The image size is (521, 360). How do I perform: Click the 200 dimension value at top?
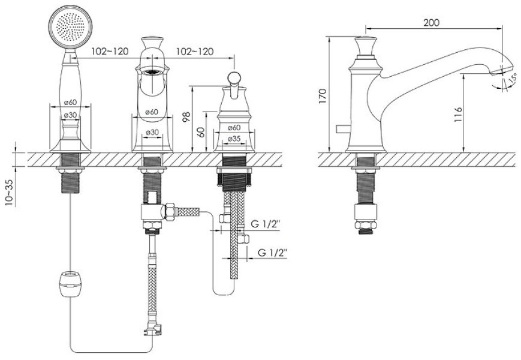pyautogui.click(x=431, y=23)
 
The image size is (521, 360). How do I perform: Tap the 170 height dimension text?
pyautogui.click(x=323, y=97)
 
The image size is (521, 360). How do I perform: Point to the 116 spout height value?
pyautogui.click(x=458, y=115)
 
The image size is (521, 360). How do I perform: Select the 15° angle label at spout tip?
pyautogui.click(x=513, y=79)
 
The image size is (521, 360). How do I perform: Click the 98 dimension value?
pyautogui.click(x=187, y=117)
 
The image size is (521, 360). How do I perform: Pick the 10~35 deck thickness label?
pyautogui.click(x=10, y=193)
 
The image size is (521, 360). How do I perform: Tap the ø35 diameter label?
pyautogui.click(x=234, y=139)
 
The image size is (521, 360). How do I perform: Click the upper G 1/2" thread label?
pyautogui.click(x=266, y=224)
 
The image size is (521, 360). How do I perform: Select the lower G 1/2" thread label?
pyautogui.click(x=272, y=253)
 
